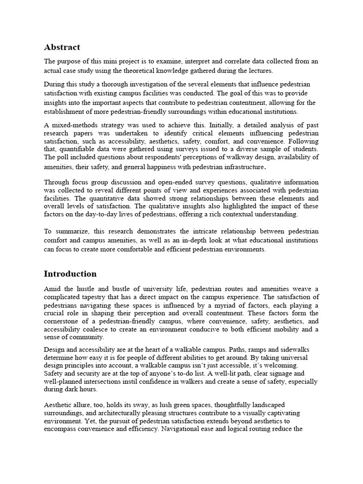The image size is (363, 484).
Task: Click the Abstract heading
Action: pyautogui.click(x=62, y=47)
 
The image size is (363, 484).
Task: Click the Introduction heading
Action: pyautogui.click(x=70, y=274)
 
